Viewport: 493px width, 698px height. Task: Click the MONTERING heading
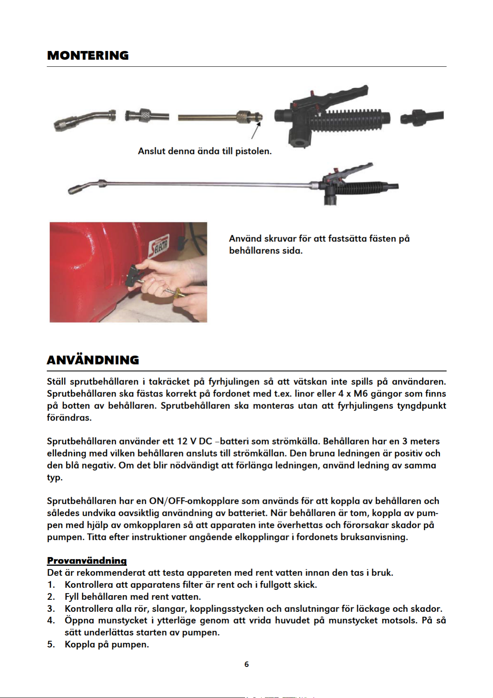[x=88, y=56]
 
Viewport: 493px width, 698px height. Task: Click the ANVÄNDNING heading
[x=93, y=360]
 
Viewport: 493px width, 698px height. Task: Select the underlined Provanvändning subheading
[x=87, y=560]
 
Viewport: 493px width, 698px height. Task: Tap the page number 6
[x=246, y=664]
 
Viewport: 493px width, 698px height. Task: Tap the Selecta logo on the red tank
[x=158, y=246]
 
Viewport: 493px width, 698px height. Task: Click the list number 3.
[x=51, y=609]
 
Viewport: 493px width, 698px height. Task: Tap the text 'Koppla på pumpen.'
[x=107, y=645]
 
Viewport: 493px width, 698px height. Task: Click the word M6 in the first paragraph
[x=361, y=394]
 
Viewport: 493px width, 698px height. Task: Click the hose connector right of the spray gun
[x=422, y=118]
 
